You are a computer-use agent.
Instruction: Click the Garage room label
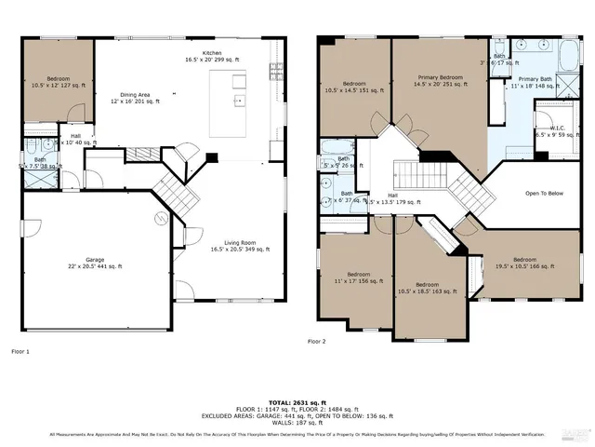[90, 263]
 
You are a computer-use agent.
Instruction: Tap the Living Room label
[239, 246]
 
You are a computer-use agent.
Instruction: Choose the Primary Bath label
[535, 83]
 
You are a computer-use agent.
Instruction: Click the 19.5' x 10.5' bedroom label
[524, 263]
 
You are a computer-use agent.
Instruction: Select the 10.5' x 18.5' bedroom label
[427, 288]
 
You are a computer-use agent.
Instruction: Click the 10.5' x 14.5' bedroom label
[353, 86]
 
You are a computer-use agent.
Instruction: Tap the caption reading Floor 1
[20, 351]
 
